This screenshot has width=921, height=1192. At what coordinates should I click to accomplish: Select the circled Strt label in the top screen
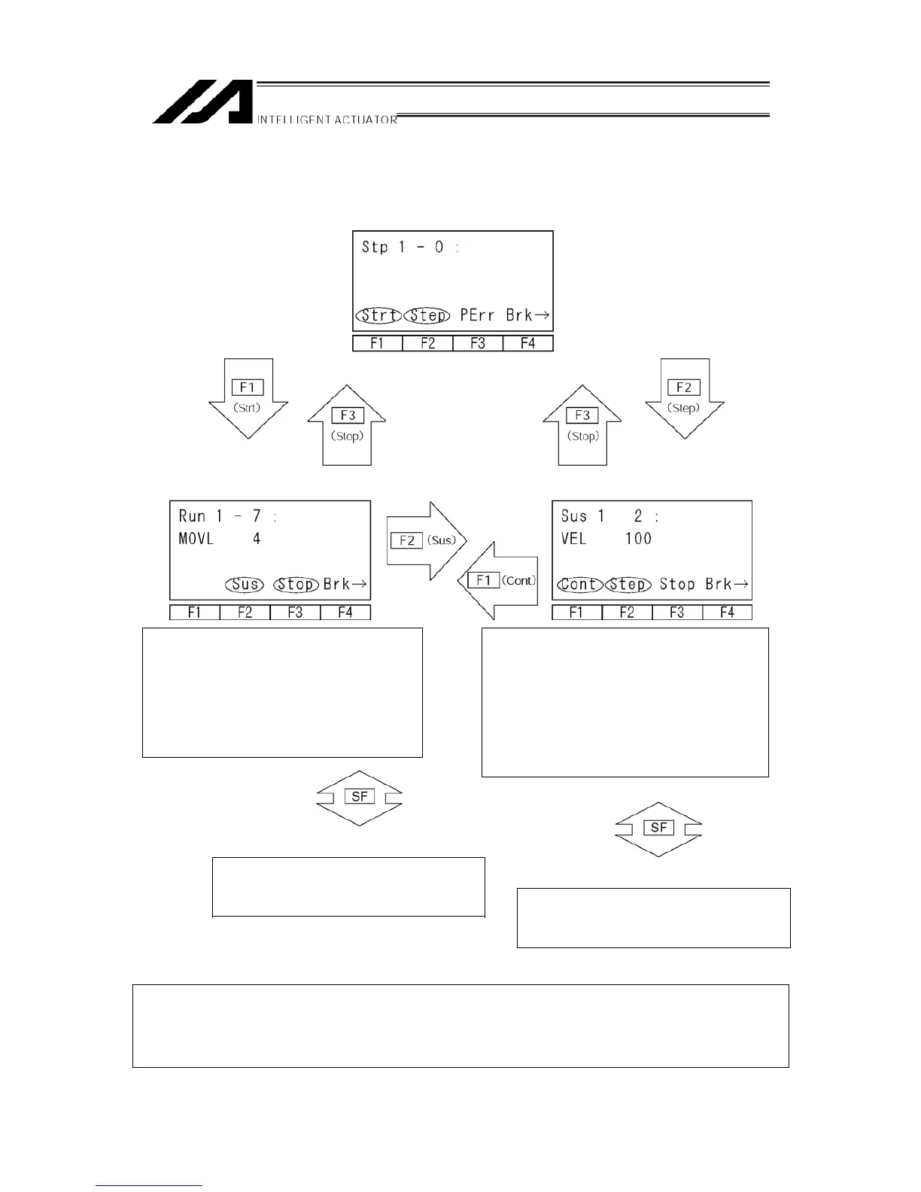coord(378,315)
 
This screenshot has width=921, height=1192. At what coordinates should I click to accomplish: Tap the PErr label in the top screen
coord(477,315)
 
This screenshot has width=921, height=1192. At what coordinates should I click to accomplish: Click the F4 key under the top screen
coord(527,344)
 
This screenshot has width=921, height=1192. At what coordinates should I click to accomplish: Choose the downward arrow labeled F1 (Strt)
coord(248,397)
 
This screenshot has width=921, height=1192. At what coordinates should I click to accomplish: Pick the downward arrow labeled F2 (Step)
coord(684,397)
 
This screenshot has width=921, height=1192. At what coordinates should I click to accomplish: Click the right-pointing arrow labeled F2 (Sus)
coord(426,540)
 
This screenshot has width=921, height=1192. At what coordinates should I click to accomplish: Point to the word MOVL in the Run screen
coord(196,539)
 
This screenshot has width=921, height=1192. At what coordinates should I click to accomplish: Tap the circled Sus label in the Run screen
coord(245,585)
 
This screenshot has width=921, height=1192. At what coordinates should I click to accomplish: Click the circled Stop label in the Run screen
coord(296,585)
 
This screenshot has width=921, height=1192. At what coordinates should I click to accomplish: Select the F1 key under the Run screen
coord(195,613)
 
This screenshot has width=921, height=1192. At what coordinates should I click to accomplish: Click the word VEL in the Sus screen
coord(574,539)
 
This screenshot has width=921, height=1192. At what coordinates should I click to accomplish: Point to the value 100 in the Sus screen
coord(638,539)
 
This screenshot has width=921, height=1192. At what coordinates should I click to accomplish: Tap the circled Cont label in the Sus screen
coord(579,585)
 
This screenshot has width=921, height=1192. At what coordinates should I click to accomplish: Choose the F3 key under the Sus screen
coord(676,613)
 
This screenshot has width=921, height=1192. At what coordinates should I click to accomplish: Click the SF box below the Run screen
coord(359,796)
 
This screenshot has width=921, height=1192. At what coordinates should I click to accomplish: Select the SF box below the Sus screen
coord(658,828)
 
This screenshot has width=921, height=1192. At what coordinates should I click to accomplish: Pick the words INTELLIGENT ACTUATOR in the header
coord(327,120)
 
